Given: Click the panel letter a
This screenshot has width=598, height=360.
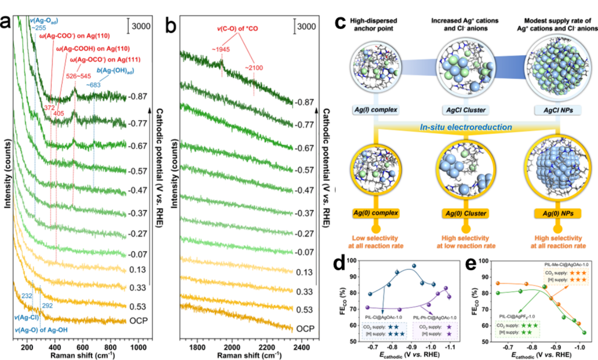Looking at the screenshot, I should pos(7,23).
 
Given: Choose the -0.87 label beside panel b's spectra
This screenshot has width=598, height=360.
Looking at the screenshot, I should pos(305,102).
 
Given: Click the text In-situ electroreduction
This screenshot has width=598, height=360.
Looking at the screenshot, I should pos(466,127).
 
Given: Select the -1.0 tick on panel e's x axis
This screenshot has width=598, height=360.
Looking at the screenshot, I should pos(579,345).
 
